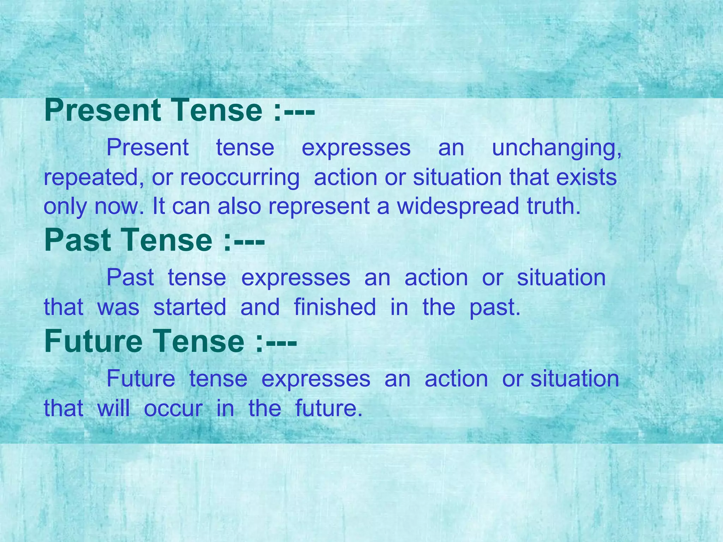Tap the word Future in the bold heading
click(x=92, y=341)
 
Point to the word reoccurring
click(x=240, y=177)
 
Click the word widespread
click(x=458, y=206)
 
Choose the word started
click(x=190, y=307)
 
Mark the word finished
click(x=335, y=307)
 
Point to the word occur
click(x=173, y=409)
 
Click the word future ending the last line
click(x=328, y=408)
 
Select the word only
click(x=65, y=207)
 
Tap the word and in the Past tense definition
click(x=260, y=307)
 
